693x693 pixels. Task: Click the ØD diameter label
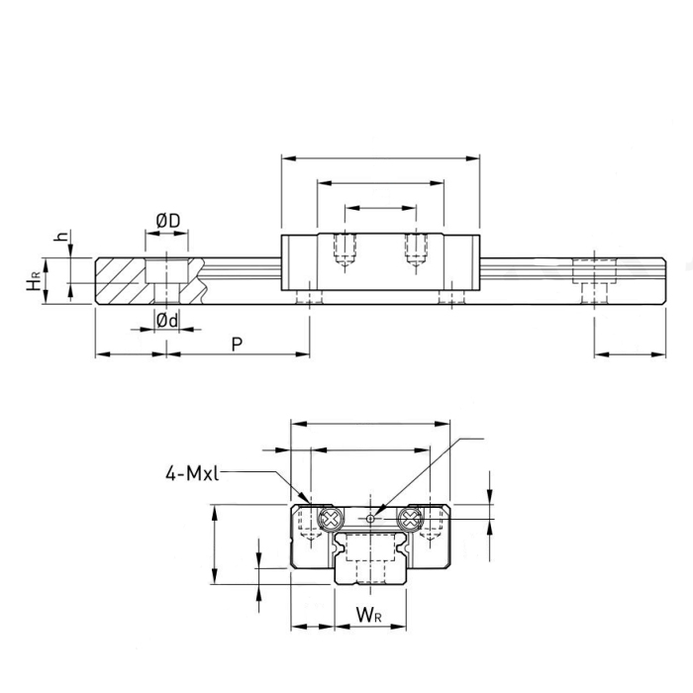167,220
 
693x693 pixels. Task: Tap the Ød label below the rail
167,319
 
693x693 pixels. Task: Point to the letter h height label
62,239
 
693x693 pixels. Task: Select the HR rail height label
35,284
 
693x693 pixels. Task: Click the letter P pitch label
236,344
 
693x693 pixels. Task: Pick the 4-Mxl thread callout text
191,473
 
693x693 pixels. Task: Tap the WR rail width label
368,617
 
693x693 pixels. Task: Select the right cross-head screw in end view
408,519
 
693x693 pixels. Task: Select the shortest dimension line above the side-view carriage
380,208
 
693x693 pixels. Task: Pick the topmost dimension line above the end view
369,424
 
